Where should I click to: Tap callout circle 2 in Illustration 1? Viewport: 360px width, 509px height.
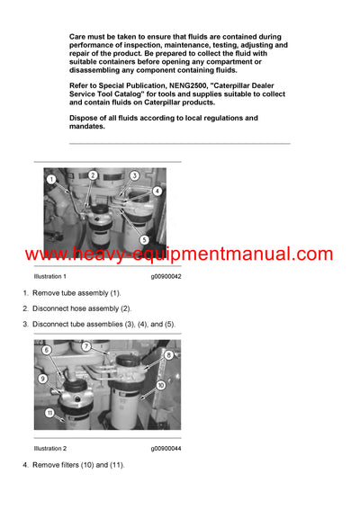click(x=93, y=174)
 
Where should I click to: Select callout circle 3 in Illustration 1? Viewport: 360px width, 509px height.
click(x=134, y=175)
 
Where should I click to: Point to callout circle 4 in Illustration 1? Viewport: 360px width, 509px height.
click(x=157, y=191)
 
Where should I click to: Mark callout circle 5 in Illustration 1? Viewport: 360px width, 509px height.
click(x=144, y=240)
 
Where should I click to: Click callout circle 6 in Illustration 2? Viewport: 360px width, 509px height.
click(x=47, y=350)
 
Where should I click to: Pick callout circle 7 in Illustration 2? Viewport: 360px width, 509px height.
click(x=86, y=345)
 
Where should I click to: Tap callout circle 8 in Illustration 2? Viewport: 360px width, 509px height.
click(x=168, y=355)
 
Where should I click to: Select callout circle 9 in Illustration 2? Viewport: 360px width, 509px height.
click(x=42, y=379)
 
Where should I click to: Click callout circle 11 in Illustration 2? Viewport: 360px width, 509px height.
click(x=50, y=414)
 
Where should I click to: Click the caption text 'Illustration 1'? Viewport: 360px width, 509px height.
click(x=50, y=277)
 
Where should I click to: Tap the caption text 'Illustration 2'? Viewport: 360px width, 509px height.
click(x=50, y=448)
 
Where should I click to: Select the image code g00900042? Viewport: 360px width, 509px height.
click(x=166, y=277)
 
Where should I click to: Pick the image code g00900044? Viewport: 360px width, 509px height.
click(x=166, y=448)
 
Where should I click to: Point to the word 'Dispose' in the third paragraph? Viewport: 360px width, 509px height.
click(x=85, y=118)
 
